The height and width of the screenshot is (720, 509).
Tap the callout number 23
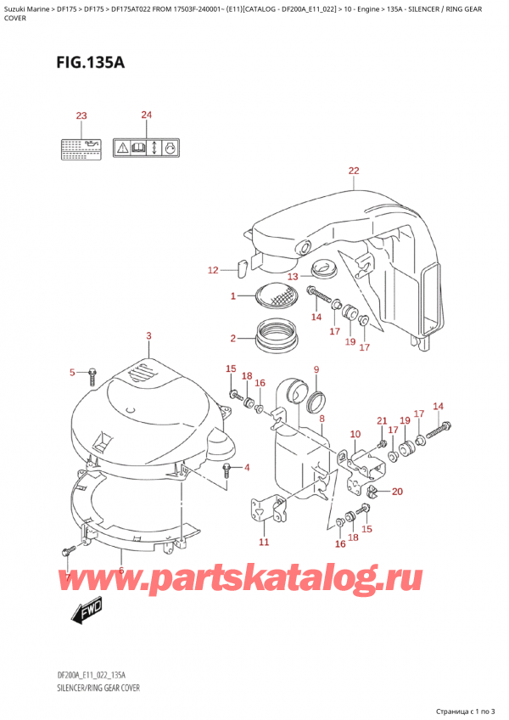[81, 116]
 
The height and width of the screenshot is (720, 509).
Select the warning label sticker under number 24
[148, 149]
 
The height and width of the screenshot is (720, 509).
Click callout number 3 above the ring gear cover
[148, 337]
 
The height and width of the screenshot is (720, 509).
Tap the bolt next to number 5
[93, 372]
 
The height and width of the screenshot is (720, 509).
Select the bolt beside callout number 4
[227, 468]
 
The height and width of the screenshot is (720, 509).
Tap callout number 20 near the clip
[398, 491]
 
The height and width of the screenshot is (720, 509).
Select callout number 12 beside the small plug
[213, 271]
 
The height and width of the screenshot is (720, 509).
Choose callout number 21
[382, 421]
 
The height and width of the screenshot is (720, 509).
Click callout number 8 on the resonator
[322, 419]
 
